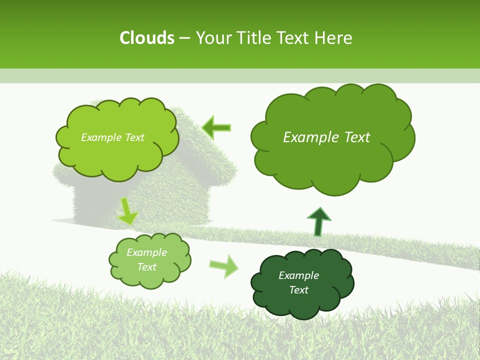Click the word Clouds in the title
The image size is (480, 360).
(x=146, y=38)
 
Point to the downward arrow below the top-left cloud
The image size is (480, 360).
(x=128, y=211)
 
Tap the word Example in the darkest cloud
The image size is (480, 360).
(x=298, y=275)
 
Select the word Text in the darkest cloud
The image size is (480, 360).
(x=298, y=290)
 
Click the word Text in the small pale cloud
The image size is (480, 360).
(x=146, y=267)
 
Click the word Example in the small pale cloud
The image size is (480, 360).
(x=146, y=252)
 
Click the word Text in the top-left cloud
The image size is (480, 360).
(x=134, y=137)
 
